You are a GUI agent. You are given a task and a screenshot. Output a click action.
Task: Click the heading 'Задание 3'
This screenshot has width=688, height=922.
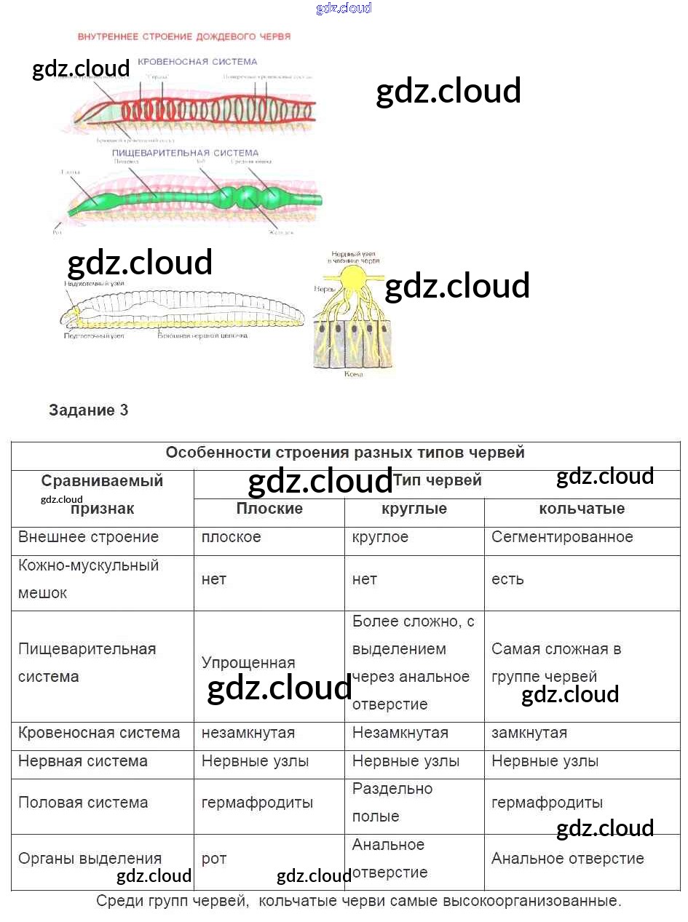click(88, 410)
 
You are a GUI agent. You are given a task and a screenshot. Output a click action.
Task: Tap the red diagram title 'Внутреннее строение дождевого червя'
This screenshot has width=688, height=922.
click(184, 36)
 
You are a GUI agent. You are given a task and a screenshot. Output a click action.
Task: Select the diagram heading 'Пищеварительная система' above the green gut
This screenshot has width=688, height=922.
click(185, 153)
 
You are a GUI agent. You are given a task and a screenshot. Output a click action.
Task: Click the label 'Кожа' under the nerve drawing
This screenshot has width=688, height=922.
click(353, 373)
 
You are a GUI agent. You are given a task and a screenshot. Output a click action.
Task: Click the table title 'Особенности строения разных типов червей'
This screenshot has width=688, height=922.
click(345, 453)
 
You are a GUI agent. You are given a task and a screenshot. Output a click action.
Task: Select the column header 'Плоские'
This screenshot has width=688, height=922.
click(269, 509)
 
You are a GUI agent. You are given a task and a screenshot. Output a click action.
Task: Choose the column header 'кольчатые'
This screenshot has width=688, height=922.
click(582, 509)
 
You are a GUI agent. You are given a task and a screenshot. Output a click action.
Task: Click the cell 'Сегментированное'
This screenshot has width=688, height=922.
click(562, 537)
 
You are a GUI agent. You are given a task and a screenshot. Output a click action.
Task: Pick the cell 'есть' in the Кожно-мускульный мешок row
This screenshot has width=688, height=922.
click(507, 579)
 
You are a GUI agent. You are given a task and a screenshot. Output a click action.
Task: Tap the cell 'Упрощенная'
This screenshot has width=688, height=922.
click(248, 663)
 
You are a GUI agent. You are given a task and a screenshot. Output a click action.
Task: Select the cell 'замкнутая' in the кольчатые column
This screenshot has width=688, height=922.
click(529, 733)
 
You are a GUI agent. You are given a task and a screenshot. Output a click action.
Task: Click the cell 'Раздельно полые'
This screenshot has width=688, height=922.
click(392, 803)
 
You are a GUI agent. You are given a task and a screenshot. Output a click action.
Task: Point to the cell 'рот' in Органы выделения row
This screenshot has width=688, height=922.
click(214, 859)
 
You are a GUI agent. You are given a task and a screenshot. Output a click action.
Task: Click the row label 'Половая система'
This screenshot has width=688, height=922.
click(83, 803)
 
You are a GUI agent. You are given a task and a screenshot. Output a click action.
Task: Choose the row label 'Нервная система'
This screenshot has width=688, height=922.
click(83, 761)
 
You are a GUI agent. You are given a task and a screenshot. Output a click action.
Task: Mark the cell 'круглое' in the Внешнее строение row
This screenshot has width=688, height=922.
click(380, 537)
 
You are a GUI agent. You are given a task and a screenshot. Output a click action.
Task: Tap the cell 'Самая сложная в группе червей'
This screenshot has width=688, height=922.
click(556, 663)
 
